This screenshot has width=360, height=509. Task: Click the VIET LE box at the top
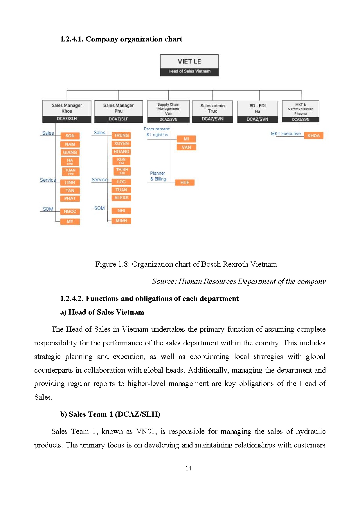(189, 65)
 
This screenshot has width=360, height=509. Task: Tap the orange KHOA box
(313, 136)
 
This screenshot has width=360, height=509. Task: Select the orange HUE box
(185, 183)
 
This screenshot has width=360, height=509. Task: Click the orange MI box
(186, 139)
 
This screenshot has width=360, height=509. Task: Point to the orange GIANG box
(70, 152)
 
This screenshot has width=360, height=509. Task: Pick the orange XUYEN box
(121, 144)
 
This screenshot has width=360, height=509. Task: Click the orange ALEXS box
(121, 198)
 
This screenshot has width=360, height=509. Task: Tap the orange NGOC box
(70, 212)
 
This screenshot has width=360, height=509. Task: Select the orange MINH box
(121, 221)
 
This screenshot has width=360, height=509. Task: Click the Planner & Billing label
(158, 176)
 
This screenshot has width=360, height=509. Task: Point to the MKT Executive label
(286, 133)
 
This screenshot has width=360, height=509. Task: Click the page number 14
(188, 468)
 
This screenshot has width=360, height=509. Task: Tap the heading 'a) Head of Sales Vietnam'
(102, 312)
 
